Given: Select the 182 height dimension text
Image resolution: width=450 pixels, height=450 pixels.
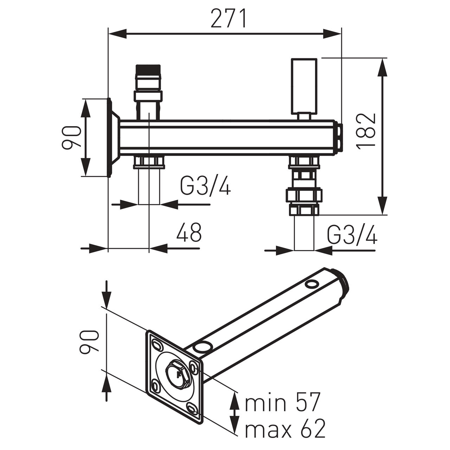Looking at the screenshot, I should pyautogui.click(x=367, y=131).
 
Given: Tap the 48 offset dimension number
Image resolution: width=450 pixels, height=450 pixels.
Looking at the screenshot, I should pyautogui.click(x=189, y=232).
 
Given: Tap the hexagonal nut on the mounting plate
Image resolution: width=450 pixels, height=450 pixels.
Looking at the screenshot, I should pyautogui.click(x=178, y=375).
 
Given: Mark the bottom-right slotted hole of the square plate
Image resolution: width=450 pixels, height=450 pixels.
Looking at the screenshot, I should pyautogui.click(x=192, y=409).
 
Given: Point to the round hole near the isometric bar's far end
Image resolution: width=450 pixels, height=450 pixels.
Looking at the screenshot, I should pyautogui.click(x=311, y=284).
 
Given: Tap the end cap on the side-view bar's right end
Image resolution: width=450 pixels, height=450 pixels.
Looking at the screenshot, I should pyautogui.click(x=338, y=137).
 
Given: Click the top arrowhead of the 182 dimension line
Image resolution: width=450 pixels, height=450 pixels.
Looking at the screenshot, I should pyautogui.click(x=382, y=67).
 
